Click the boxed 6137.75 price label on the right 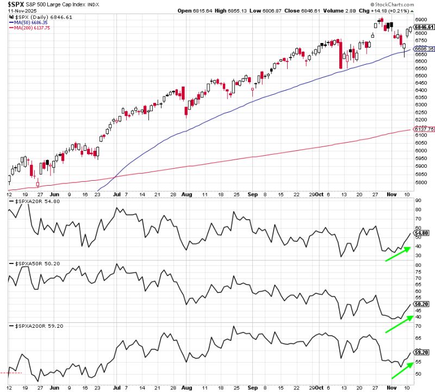[x=424, y=129]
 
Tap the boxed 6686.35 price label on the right [x=424, y=49]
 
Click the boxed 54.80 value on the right [x=422, y=233]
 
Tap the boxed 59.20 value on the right [x=422, y=352]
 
